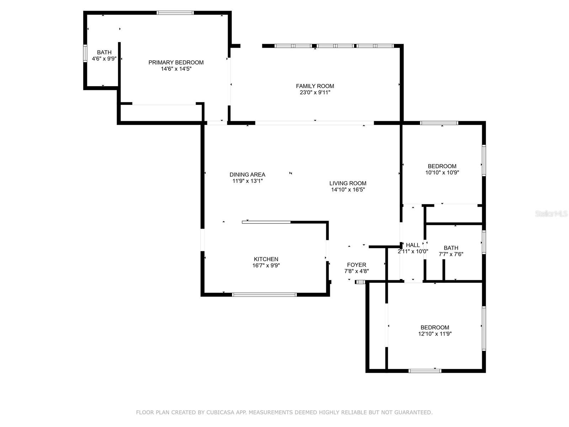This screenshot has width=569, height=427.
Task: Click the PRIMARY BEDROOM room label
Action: point(176,63)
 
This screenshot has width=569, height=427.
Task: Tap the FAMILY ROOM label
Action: point(315,86)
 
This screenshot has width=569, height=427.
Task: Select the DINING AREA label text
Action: point(247,175)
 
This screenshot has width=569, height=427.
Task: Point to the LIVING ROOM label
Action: point(348,183)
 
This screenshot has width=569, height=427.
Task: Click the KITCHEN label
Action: point(266,259)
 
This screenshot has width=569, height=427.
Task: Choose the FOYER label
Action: point(356,265)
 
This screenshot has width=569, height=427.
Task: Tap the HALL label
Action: point(413,245)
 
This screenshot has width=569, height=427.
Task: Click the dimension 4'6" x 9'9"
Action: point(104,59)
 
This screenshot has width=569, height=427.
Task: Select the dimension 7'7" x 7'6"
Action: point(451,254)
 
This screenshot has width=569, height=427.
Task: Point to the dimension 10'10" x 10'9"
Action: point(442,173)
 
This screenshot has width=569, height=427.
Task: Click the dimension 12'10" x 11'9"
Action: point(435,334)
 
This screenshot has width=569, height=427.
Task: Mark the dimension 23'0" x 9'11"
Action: point(315,93)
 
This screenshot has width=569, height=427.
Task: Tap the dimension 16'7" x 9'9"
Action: point(266,265)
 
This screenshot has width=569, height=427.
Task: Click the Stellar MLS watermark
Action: point(551,213)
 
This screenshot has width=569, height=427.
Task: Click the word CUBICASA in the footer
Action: point(220,412)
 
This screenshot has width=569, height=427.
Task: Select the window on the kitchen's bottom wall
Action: point(264,295)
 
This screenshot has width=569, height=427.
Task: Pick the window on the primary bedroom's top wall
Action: point(175,13)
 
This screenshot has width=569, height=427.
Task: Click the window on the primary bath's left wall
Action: point(85,53)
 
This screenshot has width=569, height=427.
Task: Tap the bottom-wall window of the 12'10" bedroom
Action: point(425,371)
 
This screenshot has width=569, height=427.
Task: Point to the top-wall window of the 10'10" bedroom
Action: point(439,123)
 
